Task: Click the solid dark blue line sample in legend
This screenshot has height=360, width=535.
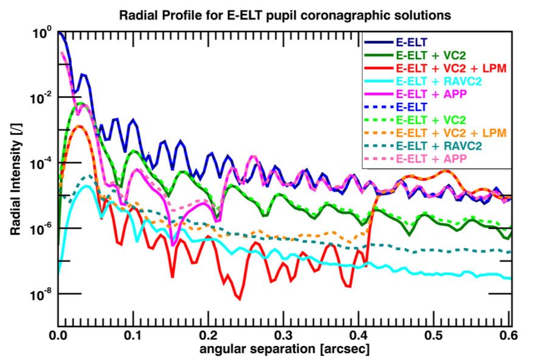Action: [378, 43]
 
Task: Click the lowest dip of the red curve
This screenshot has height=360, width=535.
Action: [240, 299]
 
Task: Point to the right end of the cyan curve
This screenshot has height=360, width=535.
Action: [509, 278]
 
